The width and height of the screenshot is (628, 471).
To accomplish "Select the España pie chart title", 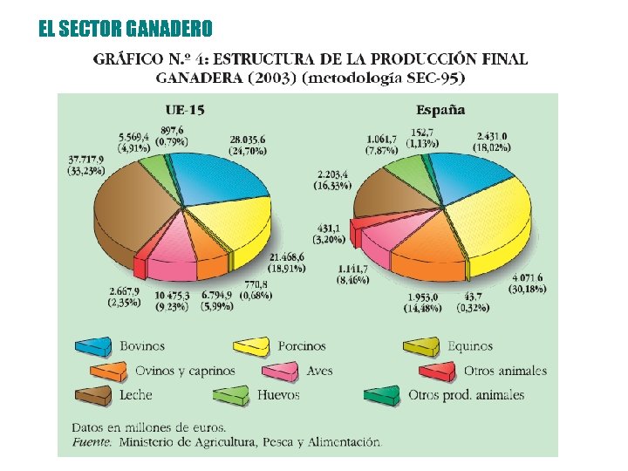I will click(x=440, y=110).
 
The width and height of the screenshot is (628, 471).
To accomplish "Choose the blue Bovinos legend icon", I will click(x=93, y=347).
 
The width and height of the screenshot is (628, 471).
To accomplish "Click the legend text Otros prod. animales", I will click(x=467, y=395).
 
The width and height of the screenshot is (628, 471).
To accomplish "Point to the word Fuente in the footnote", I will click(x=91, y=442).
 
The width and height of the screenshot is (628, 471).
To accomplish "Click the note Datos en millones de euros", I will click(x=147, y=427).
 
